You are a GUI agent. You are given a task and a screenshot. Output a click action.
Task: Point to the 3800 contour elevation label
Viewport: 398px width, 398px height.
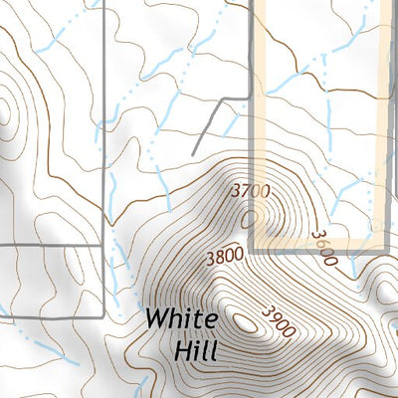point(225,256)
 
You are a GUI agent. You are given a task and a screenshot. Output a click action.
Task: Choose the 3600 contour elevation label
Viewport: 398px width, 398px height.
point(324,248)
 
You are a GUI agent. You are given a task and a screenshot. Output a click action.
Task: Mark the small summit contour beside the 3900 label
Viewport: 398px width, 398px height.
point(246,320)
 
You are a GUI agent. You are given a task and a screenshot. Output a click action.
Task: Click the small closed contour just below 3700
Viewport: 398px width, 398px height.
point(248,214)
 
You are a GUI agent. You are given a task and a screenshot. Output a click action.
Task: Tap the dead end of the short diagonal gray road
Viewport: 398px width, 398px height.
point(193,152)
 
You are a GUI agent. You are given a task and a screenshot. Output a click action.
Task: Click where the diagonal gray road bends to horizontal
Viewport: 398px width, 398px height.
point(222,99)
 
